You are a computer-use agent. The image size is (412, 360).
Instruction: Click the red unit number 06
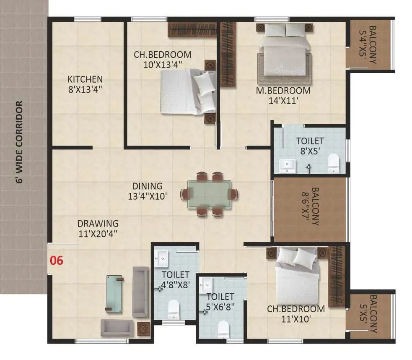[57, 261]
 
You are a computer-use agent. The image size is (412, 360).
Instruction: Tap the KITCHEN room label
[85, 79]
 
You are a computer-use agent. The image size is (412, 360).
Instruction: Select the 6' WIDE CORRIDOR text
[18, 142]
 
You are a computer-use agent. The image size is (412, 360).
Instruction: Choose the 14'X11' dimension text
[284, 100]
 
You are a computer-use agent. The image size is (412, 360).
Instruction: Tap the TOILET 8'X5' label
[310, 141]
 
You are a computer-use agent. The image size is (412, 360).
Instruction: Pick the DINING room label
[147, 186]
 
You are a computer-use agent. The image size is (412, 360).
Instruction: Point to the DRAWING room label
[98, 224]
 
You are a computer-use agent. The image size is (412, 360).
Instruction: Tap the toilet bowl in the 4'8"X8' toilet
[174, 309]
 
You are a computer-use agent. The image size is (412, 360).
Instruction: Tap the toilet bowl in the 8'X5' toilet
[334, 163]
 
